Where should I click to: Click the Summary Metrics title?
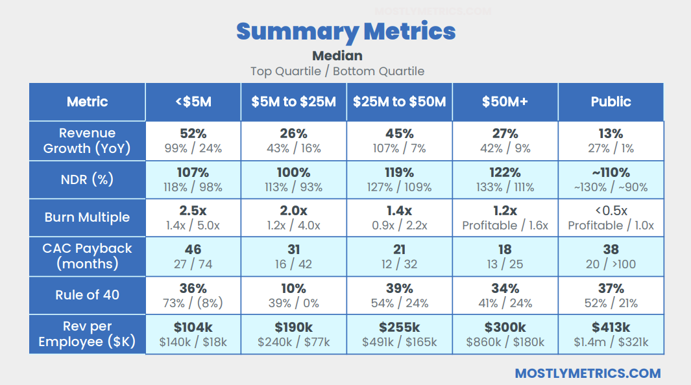click(345, 30)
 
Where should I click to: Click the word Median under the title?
click(337, 56)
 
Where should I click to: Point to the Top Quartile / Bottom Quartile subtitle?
click(337, 71)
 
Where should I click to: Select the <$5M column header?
click(193, 102)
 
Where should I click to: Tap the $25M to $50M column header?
click(399, 102)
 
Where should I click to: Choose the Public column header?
click(611, 102)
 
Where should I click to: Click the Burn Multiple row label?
click(87, 217)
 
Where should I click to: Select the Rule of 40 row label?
click(87, 295)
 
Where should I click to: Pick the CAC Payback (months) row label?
click(87, 256)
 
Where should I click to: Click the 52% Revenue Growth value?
click(193, 134)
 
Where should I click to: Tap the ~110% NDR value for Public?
click(611, 172)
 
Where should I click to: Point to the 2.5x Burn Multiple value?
click(193, 211)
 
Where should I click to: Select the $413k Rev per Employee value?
click(611, 327)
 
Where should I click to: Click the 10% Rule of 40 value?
click(293, 288)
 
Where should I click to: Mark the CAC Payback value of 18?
click(505, 250)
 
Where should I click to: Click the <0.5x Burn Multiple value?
click(611, 211)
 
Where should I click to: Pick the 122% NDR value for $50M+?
click(505, 172)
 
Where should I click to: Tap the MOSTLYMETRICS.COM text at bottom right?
click(587, 373)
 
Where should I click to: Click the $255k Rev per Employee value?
click(399, 327)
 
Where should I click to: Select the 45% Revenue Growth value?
click(399, 134)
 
